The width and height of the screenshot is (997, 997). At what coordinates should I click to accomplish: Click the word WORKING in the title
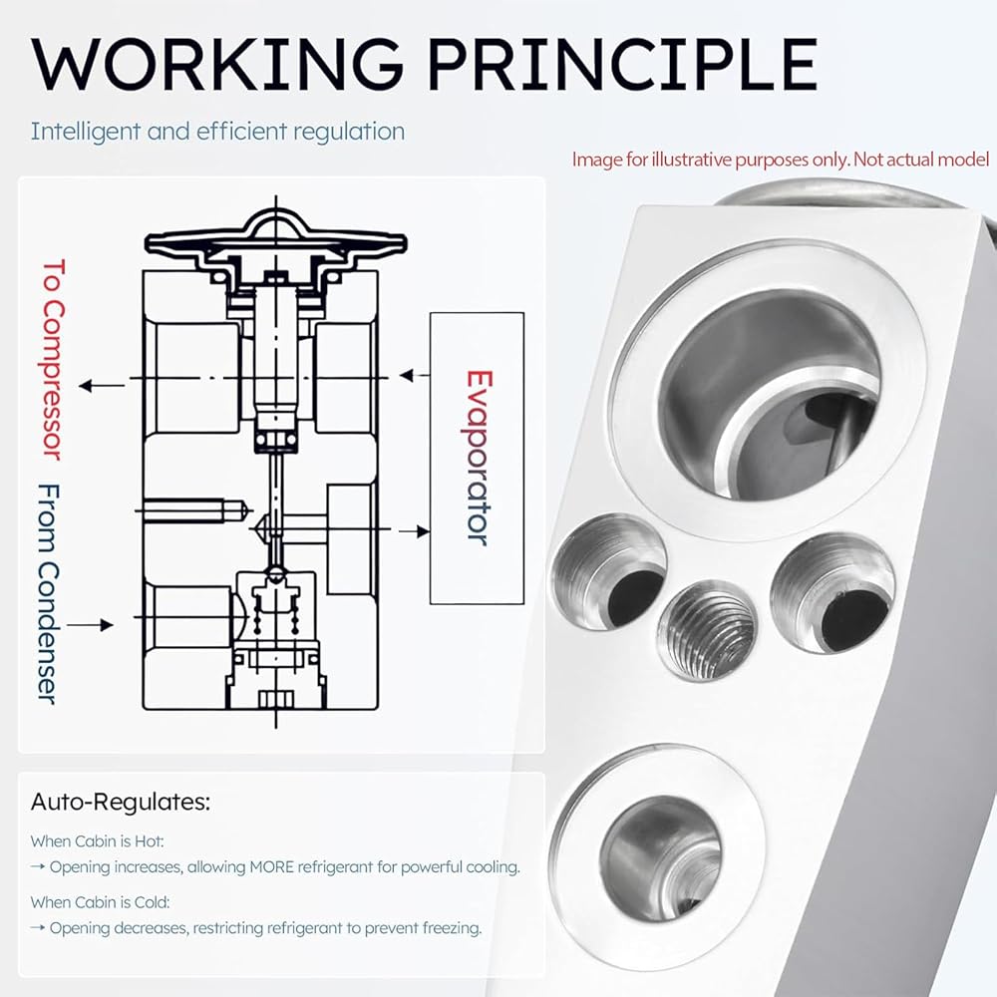click(x=216, y=64)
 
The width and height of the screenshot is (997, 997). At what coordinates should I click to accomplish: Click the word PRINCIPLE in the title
click(x=623, y=64)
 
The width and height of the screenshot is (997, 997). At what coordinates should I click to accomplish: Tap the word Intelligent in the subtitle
click(x=86, y=132)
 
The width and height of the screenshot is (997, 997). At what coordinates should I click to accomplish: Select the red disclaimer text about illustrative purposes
click(x=781, y=159)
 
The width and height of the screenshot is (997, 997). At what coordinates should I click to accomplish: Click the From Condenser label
click(x=48, y=594)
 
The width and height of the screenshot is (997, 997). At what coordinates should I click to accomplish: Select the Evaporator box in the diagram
click(x=477, y=458)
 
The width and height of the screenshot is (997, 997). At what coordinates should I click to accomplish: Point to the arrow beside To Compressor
click(x=103, y=385)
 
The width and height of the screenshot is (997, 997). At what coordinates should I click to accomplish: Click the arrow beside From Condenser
click(x=91, y=625)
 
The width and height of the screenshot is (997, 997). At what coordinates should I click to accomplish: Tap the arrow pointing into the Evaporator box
click(x=414, y=530)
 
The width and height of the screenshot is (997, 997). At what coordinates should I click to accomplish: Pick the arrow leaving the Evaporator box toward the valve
click(x=415, y=375)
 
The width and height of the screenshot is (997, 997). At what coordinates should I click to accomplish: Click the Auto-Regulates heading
click(x=121, y=802)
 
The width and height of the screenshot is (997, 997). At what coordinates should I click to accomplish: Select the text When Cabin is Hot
click(x=98, y=841)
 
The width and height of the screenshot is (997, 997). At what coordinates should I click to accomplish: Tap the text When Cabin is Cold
click(x=101, y=902)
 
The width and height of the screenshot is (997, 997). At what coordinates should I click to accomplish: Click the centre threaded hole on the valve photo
click(x=707, y=629)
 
